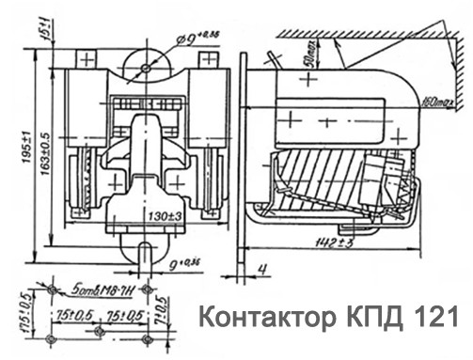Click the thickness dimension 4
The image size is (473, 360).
coord(267,269)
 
